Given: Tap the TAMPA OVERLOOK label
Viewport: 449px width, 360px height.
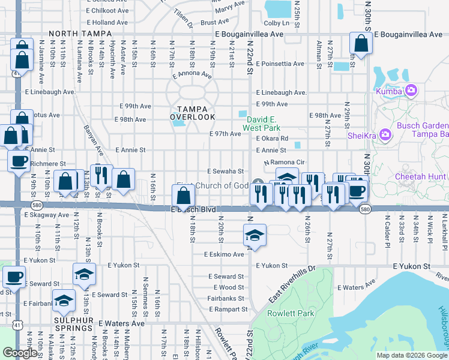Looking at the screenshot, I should [x=192, y=113].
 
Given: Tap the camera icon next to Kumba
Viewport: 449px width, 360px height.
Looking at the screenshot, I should [x=411, y=91].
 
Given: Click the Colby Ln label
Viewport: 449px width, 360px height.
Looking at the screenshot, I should [x=276, y=23].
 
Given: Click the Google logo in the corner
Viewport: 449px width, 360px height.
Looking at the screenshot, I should [x=20, y=353].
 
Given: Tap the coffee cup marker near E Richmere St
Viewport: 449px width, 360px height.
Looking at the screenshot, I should [x=18, y=160].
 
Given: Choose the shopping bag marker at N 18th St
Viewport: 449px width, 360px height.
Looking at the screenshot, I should [x=182, y=194].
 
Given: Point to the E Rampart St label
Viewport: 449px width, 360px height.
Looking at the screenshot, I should [x=228, y=310].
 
